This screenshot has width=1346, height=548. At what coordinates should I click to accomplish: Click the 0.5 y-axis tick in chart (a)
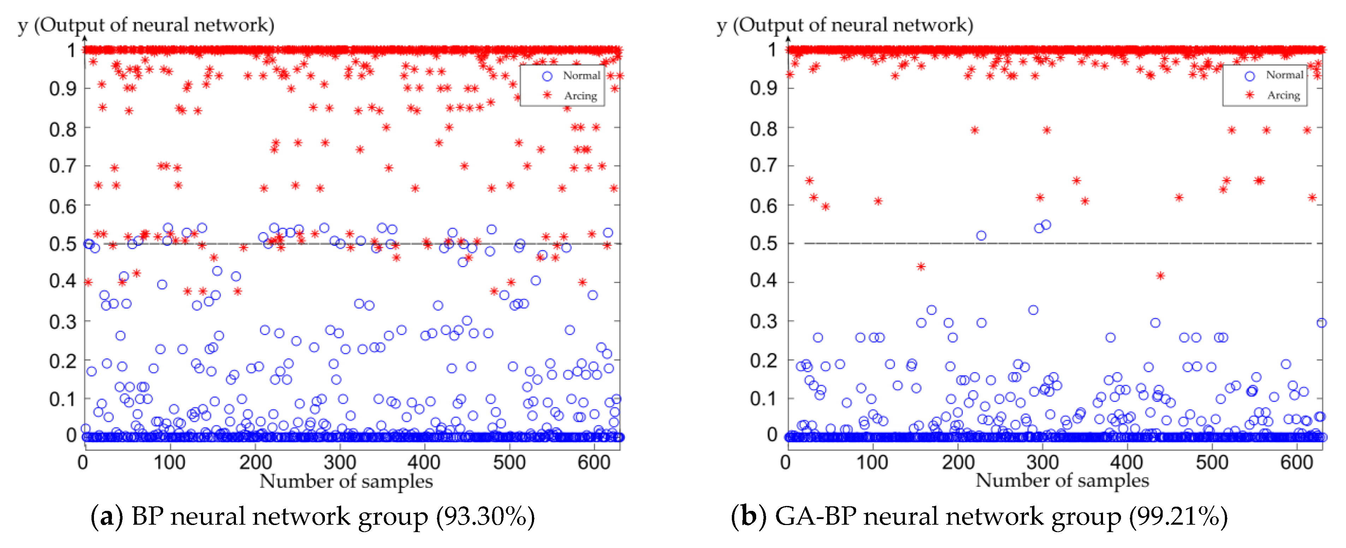tap(63, 244)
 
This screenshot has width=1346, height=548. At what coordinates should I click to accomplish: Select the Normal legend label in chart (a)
tap(581, 76)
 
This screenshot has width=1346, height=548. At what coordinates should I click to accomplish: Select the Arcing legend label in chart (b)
tap(1283, 95)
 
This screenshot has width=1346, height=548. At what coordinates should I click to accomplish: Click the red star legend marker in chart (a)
tap(547, 95)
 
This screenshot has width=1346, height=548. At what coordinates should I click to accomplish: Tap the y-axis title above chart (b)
tap(844, 25)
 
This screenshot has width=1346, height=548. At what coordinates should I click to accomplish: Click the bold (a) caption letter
tap(107, 517)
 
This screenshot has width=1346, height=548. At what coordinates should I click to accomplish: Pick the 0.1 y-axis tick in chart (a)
tap(63, 399)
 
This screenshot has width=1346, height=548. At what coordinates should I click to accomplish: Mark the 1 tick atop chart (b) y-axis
tap(772, 50)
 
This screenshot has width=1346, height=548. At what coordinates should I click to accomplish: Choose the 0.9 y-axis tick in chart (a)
tap(63, 89)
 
